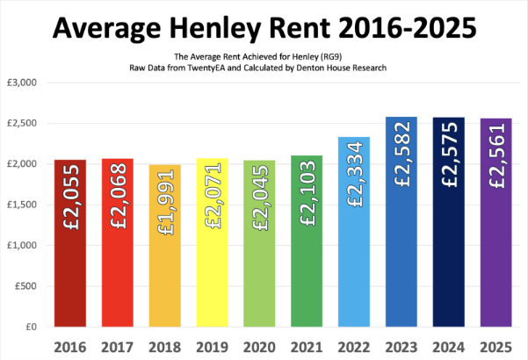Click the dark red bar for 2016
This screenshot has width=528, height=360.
coord(69,263)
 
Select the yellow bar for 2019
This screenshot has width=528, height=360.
coord(212,263)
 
